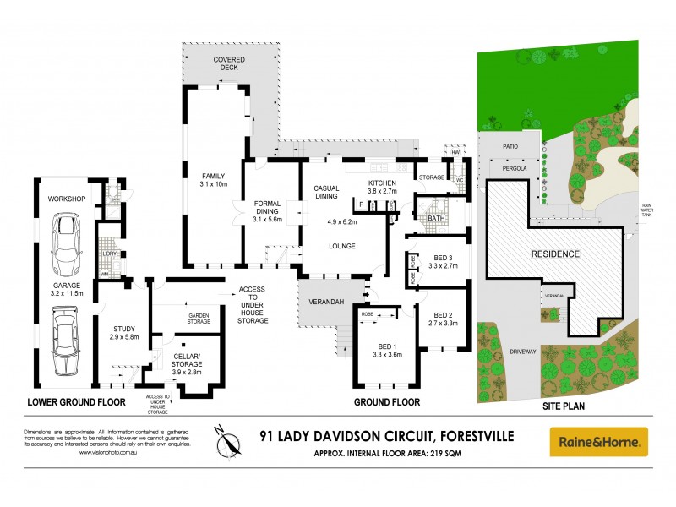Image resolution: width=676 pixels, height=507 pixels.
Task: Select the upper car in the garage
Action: [x=65, y=245]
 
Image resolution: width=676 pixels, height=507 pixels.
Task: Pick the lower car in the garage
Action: [x=64, y=341]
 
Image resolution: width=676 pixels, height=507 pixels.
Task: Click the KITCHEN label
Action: [x=383, y=183]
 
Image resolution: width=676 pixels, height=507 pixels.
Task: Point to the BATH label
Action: [x=437, y=218]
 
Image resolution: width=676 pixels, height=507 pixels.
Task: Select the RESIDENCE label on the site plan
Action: [x=555, y=253]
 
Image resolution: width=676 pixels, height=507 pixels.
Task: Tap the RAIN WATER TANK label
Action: [x=646, y=210]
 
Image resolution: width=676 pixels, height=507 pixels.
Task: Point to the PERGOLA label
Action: [x=510, y=169]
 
